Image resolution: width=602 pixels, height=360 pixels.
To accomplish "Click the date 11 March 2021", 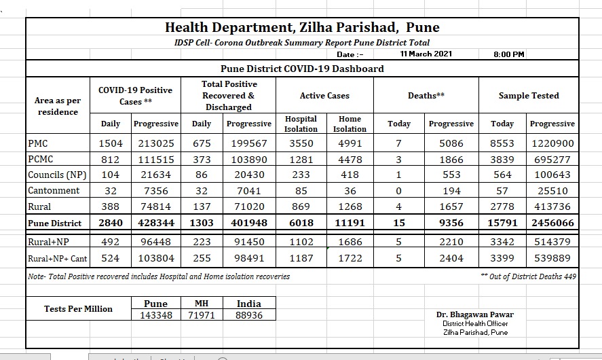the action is click(x=426, y=54).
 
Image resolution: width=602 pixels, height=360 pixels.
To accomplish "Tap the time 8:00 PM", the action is click(x=509, y=54).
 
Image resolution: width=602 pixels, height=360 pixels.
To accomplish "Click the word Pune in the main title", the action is click(x=423, y=27).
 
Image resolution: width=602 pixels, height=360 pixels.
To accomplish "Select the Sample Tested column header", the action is click(x=529, y=96).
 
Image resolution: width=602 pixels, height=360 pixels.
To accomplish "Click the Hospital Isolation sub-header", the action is click(x=301, y=124).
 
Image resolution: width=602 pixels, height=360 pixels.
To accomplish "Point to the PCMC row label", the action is click(x=40, y=159).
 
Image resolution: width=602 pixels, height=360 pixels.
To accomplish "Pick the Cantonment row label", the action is click(x=54, y=191).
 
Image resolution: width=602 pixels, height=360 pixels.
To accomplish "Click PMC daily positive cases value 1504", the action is click(x=111, y=143).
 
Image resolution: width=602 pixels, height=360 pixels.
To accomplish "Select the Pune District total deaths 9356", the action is click(x=451, y=223).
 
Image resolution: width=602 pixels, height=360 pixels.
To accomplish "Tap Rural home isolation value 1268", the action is click(x=350, y=206).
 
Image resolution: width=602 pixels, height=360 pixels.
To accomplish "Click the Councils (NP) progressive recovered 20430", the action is click(x=249, y=175).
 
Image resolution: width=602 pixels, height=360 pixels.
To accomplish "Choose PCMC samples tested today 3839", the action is click(x=502, y=160).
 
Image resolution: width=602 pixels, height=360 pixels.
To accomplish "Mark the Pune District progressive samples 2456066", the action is click(x=552, y=223).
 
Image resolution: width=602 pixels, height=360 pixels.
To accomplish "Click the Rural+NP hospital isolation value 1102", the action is click(x=301, y=242).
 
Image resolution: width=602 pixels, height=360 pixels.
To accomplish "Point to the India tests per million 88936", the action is click(x=249, y=315).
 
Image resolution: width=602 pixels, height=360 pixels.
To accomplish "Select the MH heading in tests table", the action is click(x=202, y=304).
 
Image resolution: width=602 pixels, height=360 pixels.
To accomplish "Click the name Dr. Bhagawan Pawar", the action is click(x=475, y=314).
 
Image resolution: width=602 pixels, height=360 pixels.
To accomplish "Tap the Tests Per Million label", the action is click(x=78, y=309).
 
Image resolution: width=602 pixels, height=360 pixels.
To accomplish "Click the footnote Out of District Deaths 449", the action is click(x=528, y=276).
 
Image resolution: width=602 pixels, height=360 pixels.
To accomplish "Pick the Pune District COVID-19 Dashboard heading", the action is click(x=302, y=69).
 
